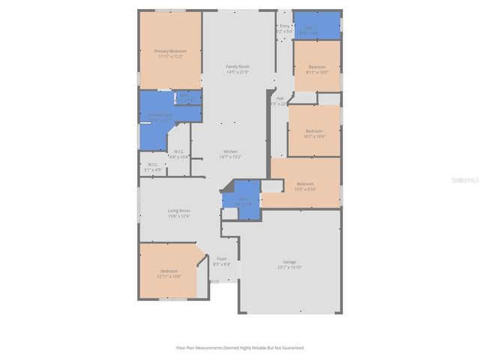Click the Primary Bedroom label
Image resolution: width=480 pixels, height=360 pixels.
point(170,51)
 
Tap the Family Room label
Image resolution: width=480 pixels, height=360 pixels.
point(238,67)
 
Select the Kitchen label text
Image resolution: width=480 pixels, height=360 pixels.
point(230,151)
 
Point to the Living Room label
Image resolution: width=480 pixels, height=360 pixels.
point(178,211)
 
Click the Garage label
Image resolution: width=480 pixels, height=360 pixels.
point(289,262)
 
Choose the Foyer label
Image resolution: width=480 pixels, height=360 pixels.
point(222,259)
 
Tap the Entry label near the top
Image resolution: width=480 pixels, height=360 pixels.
point(284,26)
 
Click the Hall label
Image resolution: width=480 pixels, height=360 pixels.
point(280,98)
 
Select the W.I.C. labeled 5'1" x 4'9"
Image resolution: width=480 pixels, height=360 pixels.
point(152,165)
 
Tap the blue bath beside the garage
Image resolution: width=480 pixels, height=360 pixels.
point(243,200)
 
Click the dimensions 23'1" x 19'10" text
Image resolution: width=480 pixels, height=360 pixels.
point(289,267)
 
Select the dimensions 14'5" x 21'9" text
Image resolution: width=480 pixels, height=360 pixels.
point(238,72)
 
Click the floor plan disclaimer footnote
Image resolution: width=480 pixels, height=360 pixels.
point(240,348)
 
